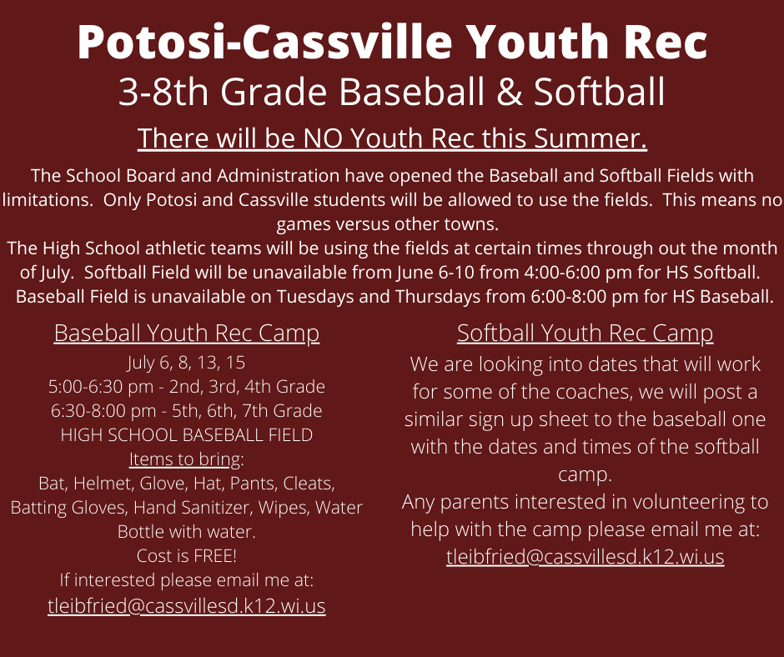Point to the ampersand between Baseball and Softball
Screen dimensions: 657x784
(x=503, y=93)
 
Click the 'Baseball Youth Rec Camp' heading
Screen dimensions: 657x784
(x=186, y=334)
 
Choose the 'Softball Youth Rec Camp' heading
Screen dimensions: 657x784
(x=585, y=334)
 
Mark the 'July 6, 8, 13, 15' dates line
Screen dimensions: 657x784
(x=186, y=364)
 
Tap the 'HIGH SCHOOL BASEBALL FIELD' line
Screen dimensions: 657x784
(x=186, y=435)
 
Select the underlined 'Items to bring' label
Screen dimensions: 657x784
(x=185, y=459)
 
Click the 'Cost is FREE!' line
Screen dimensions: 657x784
(x=186, y=555)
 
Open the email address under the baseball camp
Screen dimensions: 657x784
(x=186, y=606)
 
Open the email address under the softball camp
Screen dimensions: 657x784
(x=585, y=557)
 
